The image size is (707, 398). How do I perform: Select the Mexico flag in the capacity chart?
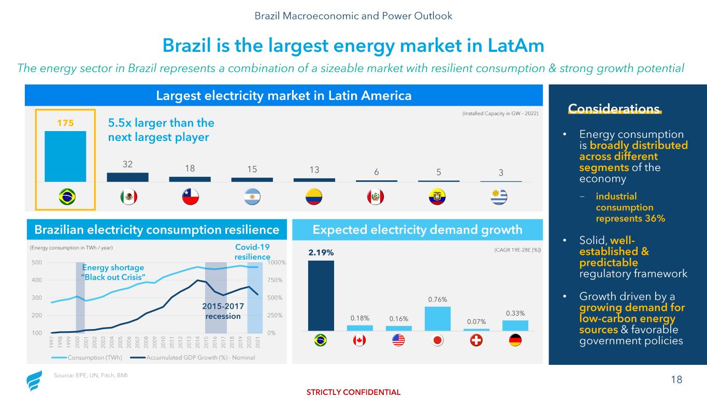127,197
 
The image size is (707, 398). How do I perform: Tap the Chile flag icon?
190,197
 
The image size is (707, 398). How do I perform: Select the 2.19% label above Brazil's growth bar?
321,252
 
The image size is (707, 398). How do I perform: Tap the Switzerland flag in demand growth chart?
477,340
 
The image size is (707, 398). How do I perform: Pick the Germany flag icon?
515,340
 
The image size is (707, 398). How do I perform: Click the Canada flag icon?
360,340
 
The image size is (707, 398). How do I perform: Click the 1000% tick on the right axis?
275,263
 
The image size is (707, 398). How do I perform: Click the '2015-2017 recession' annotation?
223,311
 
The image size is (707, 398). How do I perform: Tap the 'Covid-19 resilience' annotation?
252,252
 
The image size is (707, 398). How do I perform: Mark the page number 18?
676,380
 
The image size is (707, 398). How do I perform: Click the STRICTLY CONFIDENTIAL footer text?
353,392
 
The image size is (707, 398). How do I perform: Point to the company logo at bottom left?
34,382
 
